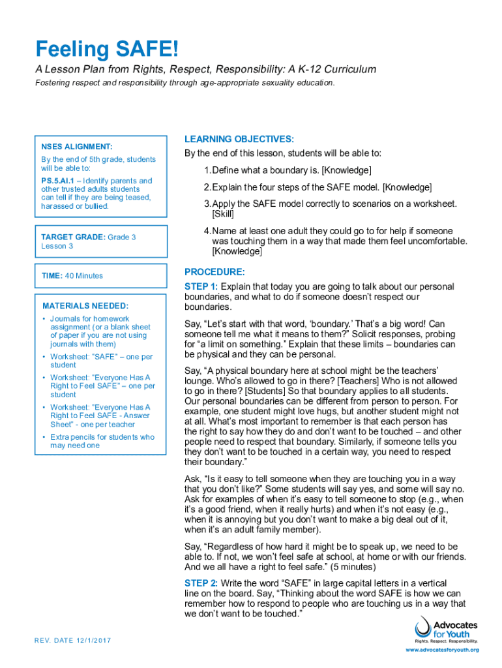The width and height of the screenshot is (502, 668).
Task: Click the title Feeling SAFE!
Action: pos(106,49)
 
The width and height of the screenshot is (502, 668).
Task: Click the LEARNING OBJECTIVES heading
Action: pos(239,139)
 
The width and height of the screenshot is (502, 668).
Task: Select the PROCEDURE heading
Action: pos(214,271)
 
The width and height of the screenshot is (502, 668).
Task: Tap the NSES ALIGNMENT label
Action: pos(77,147)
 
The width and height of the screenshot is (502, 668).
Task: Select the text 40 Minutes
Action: pos(84,276)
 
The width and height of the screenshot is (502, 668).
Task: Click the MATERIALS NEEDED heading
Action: pos(85,305)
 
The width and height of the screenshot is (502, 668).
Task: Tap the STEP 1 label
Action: pos(201,286)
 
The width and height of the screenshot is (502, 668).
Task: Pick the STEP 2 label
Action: pos(201,583)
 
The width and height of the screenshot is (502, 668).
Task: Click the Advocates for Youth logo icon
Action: pos(422,629)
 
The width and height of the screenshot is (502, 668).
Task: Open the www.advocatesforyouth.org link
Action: pos(442,650)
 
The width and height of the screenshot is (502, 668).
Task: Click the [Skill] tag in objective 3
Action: pos(223,214)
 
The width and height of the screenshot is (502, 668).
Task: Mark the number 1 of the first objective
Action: pos(206,170)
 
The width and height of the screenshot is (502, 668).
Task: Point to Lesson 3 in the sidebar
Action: pos(57,246)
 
